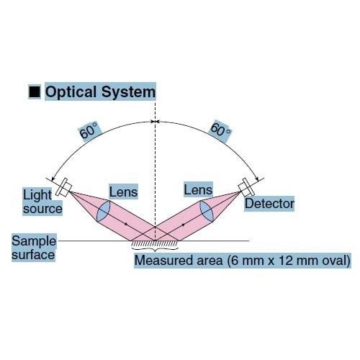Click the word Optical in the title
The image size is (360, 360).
[71, 92]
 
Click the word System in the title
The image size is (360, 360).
[128, 92]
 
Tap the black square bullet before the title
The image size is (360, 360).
[35, 91]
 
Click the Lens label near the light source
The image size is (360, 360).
[123, 192]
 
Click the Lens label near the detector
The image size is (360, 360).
[198, 189]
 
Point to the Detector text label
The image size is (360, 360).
[269, 204]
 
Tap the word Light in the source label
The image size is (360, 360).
[37, 195]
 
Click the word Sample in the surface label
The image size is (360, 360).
[34, 240]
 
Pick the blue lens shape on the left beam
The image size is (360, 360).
[104, 211]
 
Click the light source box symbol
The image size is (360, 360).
[63, 187]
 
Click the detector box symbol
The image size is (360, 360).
[246, 187]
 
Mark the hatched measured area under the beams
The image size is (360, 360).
[155, 243]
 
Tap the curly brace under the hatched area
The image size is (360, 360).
[155, 249]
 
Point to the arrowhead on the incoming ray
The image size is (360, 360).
[125, 224]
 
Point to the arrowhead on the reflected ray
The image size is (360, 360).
[184, 225]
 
